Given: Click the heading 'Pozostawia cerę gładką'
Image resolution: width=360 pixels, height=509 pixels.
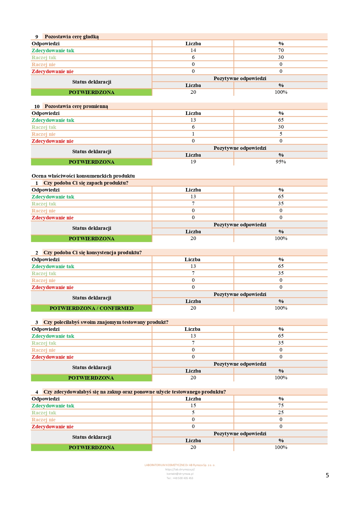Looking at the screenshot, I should pyautogui.click(x=72, y=37).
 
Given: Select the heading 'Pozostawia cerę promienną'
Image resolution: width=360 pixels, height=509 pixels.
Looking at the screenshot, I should pyautogui.click(x=76, y=106).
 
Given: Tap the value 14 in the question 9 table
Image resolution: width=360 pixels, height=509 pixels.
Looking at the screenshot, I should pyautogui.click(x=193, y=50).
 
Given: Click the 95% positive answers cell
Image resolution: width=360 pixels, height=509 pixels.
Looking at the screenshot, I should pyautogui.click(x=281, y=162).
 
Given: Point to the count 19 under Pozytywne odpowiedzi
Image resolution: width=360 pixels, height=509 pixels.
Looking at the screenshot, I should pyautogui.click(x=193, y=162).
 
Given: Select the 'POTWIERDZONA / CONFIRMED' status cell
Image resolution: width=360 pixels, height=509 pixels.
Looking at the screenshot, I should pyautogui.click(x=91, y=308).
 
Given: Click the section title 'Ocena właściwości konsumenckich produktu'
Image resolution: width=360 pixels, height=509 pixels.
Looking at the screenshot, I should pyautogui.click(x=83, y=176).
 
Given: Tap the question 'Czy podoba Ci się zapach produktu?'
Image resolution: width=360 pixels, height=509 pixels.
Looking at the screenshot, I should pyautogui.click(x=86, y=183).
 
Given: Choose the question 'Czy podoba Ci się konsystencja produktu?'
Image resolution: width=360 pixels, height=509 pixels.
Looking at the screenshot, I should pyautogui.click(x=93, y=252).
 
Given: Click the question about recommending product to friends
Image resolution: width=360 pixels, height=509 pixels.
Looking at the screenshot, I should pyautogui.click(x=106, y=322).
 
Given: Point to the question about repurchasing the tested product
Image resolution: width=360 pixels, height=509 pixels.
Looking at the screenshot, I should pyautogui.click(x=135, y=392).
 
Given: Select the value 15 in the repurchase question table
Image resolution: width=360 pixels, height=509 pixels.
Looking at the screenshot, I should pyautogui.click(x=193, y=405).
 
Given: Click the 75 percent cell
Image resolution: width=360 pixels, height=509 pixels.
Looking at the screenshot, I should pyautogui.click(x=281, y=405).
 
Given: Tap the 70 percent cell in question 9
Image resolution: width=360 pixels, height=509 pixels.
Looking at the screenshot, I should pyautogui.click(x=281, y=50).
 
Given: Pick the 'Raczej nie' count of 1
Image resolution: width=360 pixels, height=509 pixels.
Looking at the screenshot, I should pyautogui.click(x=193, y=134).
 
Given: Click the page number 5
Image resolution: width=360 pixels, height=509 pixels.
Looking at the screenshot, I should pyautogui.click(x=327, y=475).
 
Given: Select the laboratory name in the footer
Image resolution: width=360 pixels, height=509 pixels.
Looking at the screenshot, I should pyautogui.click(x=180, y=465).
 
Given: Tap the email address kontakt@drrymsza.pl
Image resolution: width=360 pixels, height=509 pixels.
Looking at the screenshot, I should pyautogui.click(x=180, y=474).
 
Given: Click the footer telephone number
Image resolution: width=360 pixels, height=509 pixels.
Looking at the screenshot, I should pyautogui.click(x=180, y=478).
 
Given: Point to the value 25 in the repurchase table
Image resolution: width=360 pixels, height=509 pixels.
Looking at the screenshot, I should pyautogui.click(x=281, y=412).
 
